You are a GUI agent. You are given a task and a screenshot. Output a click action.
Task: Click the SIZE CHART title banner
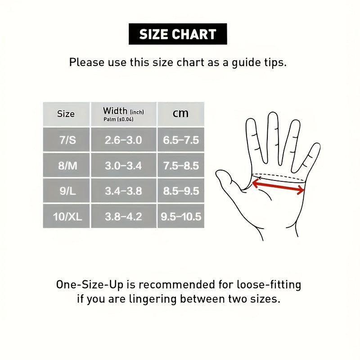(178, 34)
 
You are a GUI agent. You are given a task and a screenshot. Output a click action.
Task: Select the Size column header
(66, 114)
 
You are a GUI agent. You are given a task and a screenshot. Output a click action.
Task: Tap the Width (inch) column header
(124, 114)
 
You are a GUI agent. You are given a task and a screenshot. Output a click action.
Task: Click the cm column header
(181, 114)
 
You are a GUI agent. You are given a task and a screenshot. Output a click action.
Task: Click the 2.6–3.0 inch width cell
(124, 140)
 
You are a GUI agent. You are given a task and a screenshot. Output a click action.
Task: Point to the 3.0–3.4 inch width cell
(124, 165)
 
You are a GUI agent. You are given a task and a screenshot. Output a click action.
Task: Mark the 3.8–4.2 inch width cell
(124, 216)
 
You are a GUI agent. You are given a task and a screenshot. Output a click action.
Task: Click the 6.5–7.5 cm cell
(181, 140)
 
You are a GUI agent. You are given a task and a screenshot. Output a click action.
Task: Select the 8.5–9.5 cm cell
(181, 191)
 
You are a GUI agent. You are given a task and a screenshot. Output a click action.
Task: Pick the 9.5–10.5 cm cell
(181, 216)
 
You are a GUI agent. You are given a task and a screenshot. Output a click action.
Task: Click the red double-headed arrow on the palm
(278, 186)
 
